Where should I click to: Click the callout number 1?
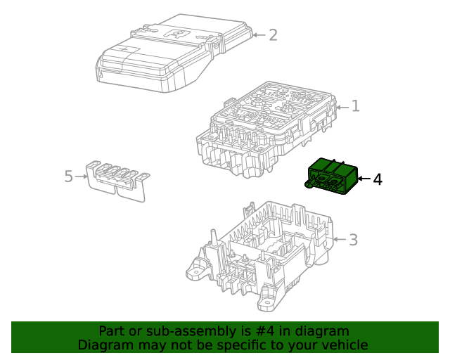click(356, 107)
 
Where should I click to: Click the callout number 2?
click(274, 34)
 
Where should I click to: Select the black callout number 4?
click(378, 180)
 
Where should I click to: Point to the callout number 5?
click(68, 176)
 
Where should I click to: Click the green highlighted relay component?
click(333, 175)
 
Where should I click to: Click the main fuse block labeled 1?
click(264, 127)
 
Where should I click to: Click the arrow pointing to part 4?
click(364, 180)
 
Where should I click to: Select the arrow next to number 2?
click(259, 34)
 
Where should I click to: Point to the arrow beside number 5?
click(82, 176)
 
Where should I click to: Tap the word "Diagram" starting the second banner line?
click(105, 345)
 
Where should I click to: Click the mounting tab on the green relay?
click(309, 185)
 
